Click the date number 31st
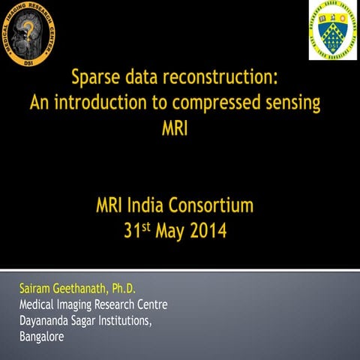139,229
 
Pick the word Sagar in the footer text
89,321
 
